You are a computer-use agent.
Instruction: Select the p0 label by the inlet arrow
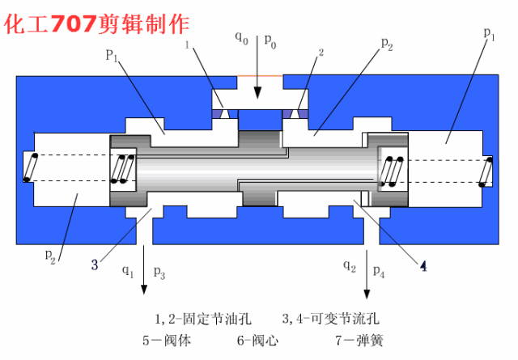tap(270, 41)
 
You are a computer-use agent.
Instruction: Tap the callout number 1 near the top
tap(187, 47)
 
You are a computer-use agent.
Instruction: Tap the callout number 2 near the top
tap(321, 53)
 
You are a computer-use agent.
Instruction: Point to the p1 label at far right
tap(489, 33)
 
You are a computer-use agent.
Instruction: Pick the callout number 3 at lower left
tap(95, 264)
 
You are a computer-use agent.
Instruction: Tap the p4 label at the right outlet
tap(379, 272)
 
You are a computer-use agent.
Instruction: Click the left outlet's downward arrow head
tap(145, 288)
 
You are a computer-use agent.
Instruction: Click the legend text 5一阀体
tap(167, 340)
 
